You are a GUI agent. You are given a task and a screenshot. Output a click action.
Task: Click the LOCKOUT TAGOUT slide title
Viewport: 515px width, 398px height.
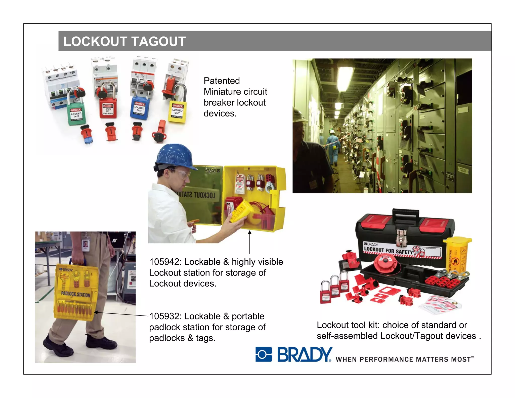pos(124,41)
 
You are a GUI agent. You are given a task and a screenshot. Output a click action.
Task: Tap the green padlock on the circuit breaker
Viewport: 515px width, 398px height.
pos(76,114)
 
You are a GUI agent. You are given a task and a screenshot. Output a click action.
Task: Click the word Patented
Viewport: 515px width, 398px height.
pos(222,81)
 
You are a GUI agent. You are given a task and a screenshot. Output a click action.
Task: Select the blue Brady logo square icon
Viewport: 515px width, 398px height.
pos(264,354)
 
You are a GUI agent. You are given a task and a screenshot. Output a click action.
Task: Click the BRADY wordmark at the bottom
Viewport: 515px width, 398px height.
pos(305,354)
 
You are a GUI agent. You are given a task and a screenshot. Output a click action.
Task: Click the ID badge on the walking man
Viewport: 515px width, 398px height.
pos(85,245)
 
